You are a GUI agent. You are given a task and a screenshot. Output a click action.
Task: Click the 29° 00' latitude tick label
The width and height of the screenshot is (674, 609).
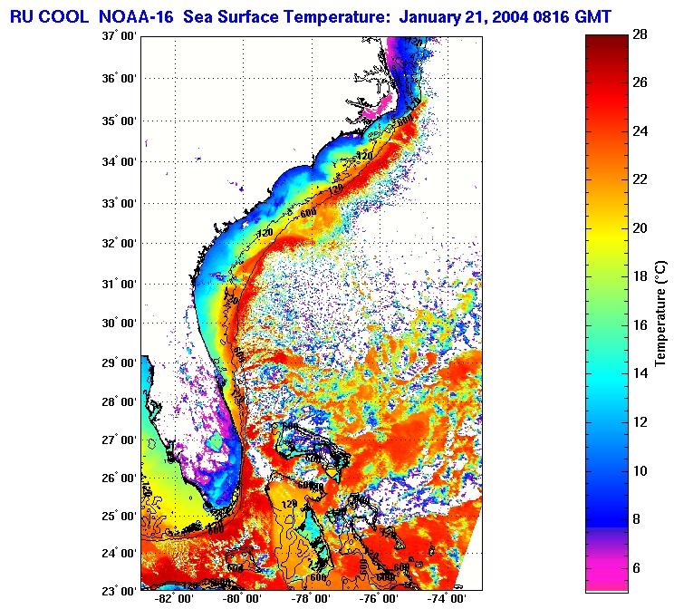120,362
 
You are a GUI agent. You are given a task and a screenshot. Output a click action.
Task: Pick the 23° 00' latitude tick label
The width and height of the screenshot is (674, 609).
120,590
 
